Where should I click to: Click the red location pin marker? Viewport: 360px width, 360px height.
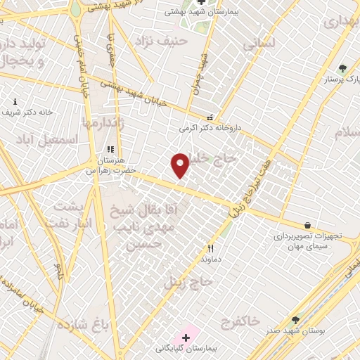pos(181,165)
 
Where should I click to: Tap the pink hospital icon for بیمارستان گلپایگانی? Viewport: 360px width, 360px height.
pos(186,338)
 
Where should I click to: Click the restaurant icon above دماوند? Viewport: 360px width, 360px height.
pos(210,248)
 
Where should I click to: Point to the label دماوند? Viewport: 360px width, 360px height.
pos(210,259)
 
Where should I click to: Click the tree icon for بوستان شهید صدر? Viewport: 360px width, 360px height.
pos(295,320)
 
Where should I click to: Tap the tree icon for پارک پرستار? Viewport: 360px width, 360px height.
pos(342,68)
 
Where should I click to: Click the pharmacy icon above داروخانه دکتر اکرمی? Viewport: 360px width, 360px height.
pos(209,118)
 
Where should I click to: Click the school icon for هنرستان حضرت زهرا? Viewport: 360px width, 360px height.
pos(110,150)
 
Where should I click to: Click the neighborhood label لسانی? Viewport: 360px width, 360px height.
pos(260,44)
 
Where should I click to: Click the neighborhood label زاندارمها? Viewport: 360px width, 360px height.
pos(103,122)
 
